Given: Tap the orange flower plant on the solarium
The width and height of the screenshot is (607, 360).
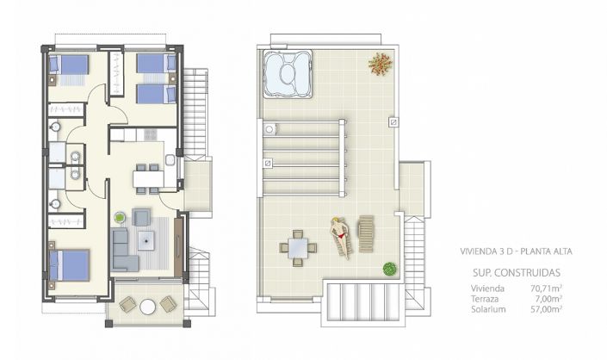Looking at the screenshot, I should (x=379, y=63).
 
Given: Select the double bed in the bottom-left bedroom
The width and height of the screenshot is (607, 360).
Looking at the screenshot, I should (x=70, y=265).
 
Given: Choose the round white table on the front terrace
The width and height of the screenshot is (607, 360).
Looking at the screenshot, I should (x=147, y=306).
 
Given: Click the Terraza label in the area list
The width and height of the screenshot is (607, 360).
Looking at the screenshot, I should (x=484, y=299).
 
